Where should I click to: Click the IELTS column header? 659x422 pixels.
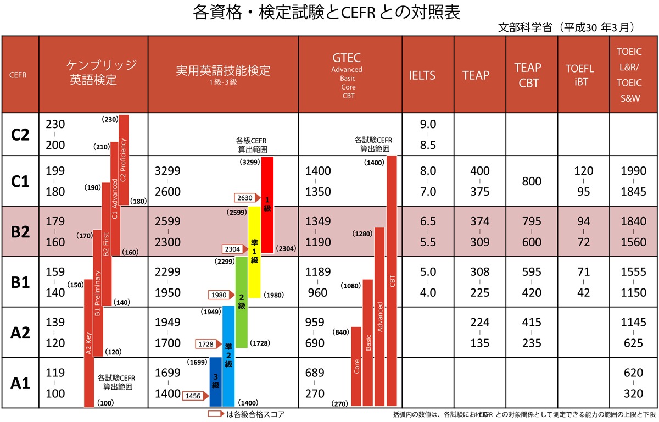coord(422,75)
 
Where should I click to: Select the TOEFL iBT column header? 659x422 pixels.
coord(580,75)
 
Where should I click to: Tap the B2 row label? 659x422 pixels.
coord(20,231)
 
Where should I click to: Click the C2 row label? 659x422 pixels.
coord(20,135)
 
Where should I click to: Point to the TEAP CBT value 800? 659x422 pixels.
coord(532,181)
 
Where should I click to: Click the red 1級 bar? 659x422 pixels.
coord(267,204)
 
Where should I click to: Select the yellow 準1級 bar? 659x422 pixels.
coord(254,252)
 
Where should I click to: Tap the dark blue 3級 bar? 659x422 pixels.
coord(216,382)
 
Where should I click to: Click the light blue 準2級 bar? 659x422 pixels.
coord(228,356)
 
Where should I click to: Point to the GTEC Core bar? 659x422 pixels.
coord(356,367)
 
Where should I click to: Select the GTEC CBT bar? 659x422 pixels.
coord(392,281)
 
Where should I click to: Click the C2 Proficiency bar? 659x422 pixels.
coord(124,159)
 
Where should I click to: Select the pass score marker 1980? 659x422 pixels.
coord(220,295)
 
